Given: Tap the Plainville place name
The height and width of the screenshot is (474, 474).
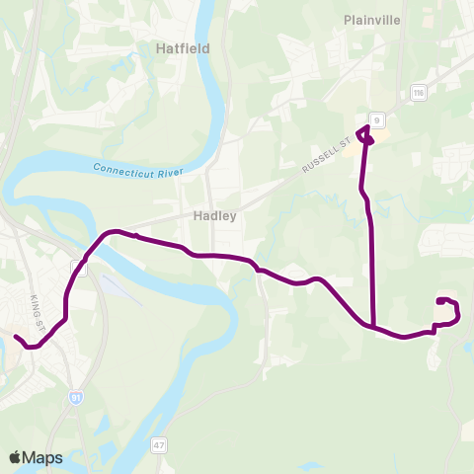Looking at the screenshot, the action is click(370, 19).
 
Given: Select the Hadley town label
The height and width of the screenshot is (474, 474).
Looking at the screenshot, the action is click(213, 216).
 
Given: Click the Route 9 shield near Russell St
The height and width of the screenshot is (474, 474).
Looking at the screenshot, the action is click(376, 119).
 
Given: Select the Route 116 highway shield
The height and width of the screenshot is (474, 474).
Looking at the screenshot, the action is click(419, 92).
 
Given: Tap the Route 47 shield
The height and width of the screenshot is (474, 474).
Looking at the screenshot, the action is click(158, 446).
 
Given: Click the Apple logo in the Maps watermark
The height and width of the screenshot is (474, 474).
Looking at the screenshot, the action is click(16, 457).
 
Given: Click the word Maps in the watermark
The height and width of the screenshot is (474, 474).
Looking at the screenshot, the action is click(43, 457).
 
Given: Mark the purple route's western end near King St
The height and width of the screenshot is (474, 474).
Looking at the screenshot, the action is click(16, 337).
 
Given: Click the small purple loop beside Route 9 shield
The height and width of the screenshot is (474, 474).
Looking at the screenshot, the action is click(365, 134).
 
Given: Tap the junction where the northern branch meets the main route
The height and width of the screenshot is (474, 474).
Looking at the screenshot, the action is click(372, 325).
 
